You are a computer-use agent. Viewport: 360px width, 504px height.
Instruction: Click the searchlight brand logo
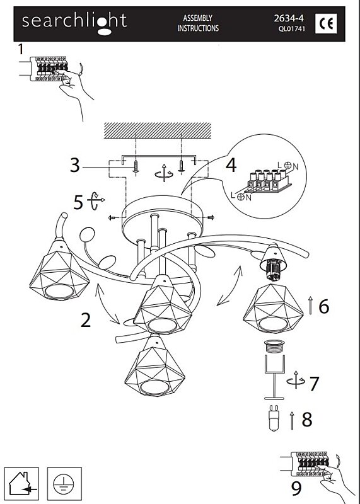74,23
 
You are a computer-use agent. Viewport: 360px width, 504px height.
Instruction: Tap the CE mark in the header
326,23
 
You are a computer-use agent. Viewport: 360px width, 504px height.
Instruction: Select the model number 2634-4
289,18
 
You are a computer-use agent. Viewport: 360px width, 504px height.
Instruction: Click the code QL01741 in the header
292,28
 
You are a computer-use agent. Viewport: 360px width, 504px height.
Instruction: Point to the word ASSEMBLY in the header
197,18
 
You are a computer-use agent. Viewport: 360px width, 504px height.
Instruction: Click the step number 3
75,165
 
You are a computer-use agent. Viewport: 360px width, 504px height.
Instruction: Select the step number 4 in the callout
231,165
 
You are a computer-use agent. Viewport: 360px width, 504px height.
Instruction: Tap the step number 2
86,320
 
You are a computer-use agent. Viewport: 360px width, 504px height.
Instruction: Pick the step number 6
323,306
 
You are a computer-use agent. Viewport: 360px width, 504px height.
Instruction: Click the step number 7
315,383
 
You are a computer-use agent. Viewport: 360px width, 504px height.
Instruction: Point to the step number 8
307,420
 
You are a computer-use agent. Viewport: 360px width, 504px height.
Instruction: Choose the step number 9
296,488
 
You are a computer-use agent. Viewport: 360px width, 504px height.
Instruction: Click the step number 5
78,202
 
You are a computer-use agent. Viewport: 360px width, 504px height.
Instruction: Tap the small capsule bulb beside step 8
274,418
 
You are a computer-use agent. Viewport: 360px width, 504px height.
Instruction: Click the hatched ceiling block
158,130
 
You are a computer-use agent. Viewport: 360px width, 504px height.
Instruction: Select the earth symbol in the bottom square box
64,484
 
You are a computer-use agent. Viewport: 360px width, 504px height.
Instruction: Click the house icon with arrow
21,484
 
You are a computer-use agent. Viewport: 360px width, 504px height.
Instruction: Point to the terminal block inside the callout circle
269,181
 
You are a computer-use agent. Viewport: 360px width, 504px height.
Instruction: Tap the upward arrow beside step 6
310,306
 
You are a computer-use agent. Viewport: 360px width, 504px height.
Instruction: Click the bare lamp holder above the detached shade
273,262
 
